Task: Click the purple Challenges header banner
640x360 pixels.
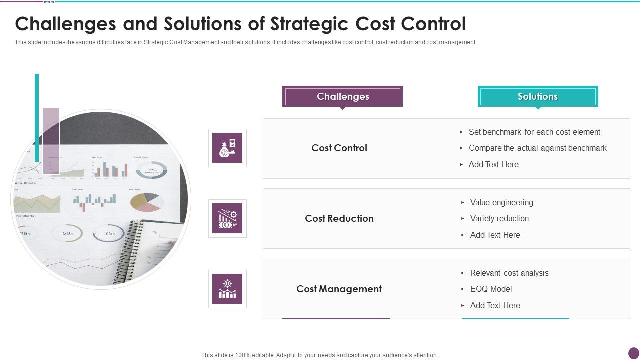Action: [x=342, y=96]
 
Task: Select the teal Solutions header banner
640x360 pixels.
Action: [x=538, y=96]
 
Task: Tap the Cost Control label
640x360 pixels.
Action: [x=339, y=148]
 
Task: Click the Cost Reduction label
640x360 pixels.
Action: [x=339, y=218]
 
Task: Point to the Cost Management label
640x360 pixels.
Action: [x=339, y=289]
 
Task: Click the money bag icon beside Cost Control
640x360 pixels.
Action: [x=227, y=148]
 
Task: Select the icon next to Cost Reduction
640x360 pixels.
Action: [x=227, y=218]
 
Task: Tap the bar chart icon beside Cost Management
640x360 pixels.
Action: [x=227, y=289]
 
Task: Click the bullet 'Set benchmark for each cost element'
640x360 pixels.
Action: [x=534, y=132]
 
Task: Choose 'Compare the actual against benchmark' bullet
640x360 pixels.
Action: [x=537, y=148]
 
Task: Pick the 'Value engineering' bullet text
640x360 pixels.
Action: [x=501, y=202]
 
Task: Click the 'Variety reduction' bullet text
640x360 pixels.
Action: [x=499, y=218]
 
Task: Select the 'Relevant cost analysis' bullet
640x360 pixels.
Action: [x=509, y=273]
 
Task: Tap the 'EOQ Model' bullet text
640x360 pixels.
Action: [x=491, y=289]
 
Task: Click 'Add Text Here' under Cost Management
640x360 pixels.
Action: [x=495, y=305]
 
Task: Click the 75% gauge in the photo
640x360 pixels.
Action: [x=108, y=233]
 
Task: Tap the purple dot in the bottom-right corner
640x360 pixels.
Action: [x=633, y=353]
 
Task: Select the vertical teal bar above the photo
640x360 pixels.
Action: [x=37, y=117]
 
